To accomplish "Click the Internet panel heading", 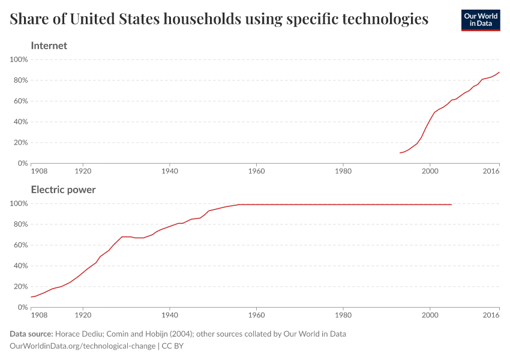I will point(49,46).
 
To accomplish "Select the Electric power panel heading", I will point(63,190).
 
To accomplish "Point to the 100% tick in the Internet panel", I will point(19,59).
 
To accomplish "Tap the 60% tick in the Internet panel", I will point(20,101).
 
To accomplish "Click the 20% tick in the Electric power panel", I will point(20,286).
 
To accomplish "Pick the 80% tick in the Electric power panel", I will point(20,224).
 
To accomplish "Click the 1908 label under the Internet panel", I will point(38,171).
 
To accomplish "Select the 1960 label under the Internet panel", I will point(256,171).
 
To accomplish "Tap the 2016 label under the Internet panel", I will point(491,171).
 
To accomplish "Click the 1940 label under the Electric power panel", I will point(170,315).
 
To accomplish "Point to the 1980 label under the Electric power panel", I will point(343,315).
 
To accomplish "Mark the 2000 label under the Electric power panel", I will point(430,315).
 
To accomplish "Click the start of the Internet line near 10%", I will point(400,153).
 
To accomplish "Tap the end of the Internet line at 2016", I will point(499,72).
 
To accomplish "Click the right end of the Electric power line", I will point(451,205).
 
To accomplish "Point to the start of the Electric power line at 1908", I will point(31,297).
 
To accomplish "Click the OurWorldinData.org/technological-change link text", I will point(83,346).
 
